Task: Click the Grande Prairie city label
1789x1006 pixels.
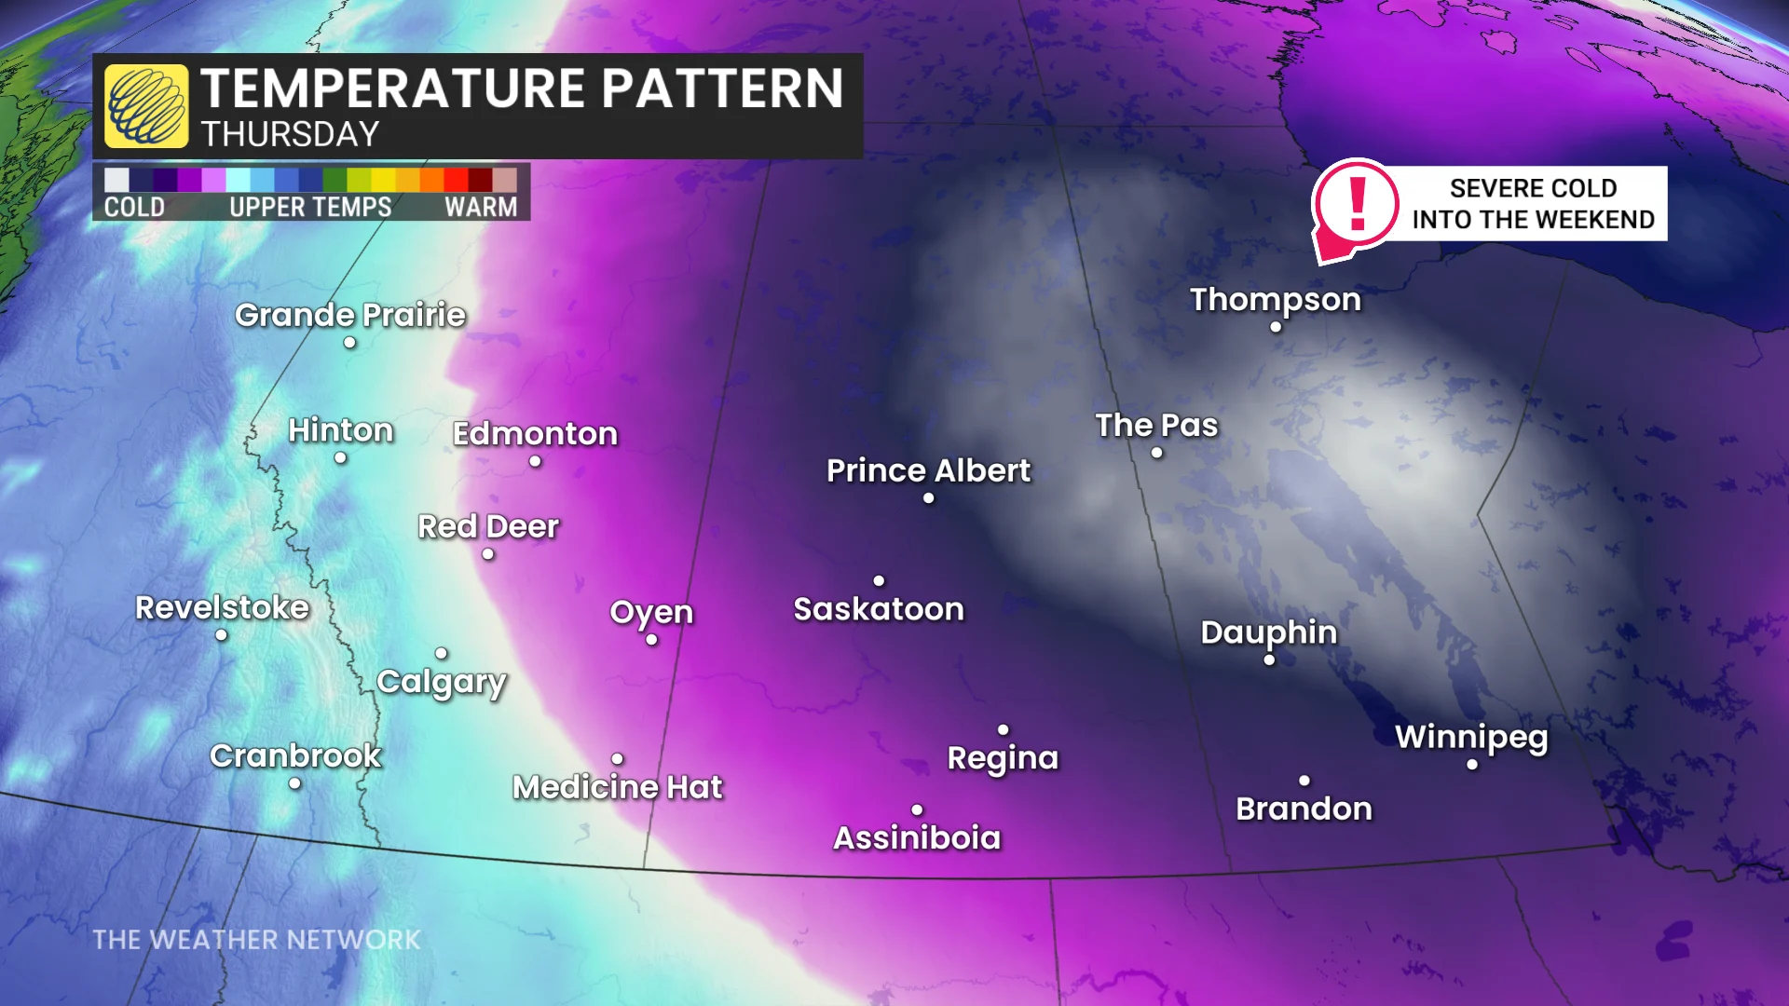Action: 349,315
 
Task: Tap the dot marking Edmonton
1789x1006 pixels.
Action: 535,461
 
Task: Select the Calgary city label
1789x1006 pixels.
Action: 442,682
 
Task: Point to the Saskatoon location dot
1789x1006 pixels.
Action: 879,580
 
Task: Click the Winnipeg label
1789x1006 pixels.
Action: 1471,737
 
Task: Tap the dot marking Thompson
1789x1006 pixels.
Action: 1276,327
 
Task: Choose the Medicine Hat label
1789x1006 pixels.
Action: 617,787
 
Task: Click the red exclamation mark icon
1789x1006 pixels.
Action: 1357,203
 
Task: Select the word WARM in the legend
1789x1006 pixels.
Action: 481,207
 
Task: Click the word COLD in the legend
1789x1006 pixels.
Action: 134,207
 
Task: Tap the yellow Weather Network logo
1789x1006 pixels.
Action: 146,106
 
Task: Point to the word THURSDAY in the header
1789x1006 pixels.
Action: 290,134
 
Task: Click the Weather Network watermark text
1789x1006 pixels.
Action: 256,940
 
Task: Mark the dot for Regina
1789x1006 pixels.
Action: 1004,729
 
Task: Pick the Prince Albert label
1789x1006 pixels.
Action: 928,470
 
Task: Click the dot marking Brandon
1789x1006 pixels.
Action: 1304,781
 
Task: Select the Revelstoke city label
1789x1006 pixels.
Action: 222,607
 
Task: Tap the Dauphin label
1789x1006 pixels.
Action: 1268,632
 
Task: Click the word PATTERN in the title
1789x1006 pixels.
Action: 722,88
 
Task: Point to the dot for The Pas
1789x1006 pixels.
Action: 1156,453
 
